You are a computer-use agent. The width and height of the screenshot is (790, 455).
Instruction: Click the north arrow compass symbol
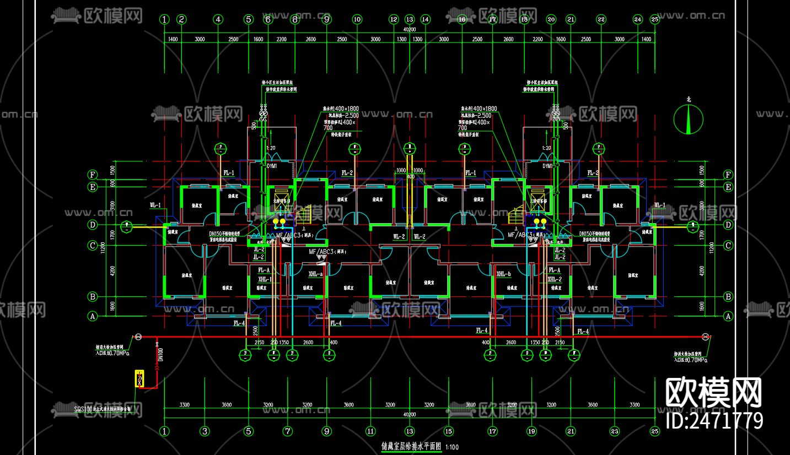[x=689, y=120]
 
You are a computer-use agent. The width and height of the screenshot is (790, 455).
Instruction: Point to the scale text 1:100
[x=452, y=447]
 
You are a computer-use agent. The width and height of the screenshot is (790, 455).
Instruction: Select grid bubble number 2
[x=181, y=19]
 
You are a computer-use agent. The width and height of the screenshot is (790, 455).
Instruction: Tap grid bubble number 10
[x=357, y=19]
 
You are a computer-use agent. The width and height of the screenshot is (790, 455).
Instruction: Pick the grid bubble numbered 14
[x=425, y=19]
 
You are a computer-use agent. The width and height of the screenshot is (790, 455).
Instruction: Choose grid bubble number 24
[x=638, y=19]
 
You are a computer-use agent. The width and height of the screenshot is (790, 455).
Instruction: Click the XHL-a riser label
[x=315, y=274]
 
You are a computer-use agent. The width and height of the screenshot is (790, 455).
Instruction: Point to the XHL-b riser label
[x=503, y=274]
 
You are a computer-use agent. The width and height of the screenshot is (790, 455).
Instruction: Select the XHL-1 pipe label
[x=265, y=279]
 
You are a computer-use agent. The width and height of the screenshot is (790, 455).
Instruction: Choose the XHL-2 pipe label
[x=554, y=279]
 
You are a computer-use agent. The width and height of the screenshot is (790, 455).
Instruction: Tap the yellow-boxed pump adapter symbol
[x=139, y=379]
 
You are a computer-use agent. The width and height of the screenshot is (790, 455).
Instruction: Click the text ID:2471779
[x=714, y=421]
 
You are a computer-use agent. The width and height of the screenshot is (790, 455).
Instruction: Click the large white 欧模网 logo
[x=714, y=392]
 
